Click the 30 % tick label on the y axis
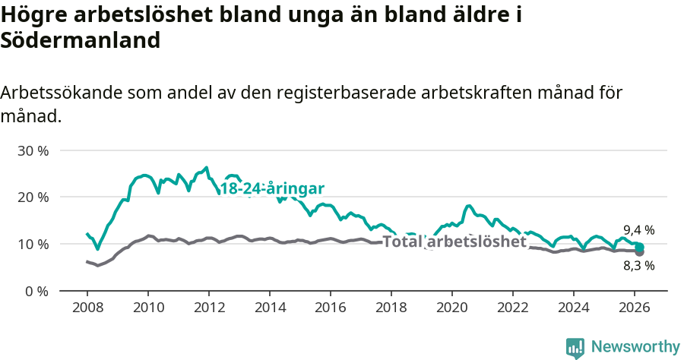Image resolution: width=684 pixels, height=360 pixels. coord(33,150)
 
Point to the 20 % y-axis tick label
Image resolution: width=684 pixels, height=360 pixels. coord(33,197)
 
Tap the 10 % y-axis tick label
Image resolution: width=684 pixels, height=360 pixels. coord(33,245)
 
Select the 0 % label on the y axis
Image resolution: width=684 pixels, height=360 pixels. coord(36,291)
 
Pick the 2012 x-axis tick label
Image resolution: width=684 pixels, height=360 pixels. coord(208,308)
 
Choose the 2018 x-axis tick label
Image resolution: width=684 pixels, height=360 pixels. coord(391,308)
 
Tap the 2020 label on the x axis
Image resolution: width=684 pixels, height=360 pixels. coord(451,308)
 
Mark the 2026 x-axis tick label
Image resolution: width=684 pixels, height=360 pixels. coord(635,308)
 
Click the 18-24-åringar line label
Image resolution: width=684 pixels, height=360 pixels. coord(272,189)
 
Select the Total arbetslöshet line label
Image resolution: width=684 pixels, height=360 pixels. coord(454,242)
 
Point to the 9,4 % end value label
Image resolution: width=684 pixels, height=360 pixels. coord(638,230)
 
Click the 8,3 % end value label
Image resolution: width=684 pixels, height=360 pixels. coord(638,266)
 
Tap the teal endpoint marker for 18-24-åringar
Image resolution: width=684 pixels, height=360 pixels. coord(640,247)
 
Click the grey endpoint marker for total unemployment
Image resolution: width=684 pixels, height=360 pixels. coord(640,252)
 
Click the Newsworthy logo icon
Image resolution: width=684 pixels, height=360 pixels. coord(575,348)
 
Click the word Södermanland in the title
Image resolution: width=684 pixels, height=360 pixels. coord(81,41)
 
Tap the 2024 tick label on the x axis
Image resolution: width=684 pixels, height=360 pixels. coord(574,308)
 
